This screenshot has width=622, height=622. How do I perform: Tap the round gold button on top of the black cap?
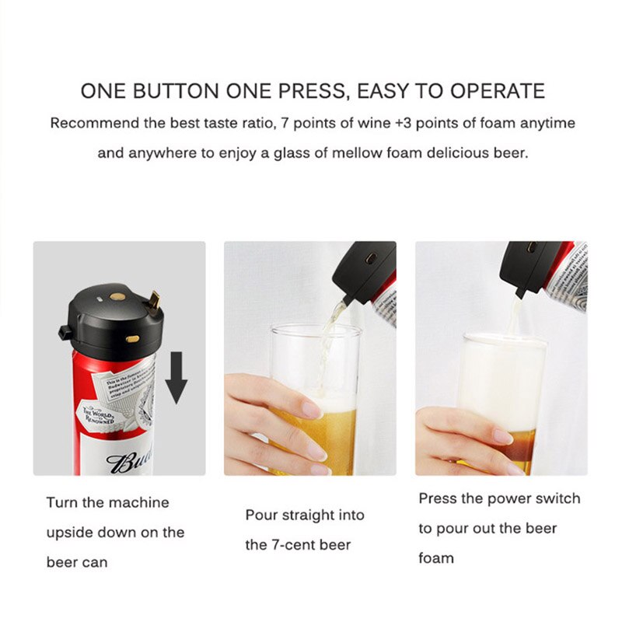117,297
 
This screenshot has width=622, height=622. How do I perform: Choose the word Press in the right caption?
438,498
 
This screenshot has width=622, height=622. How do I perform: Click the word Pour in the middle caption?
261,515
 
